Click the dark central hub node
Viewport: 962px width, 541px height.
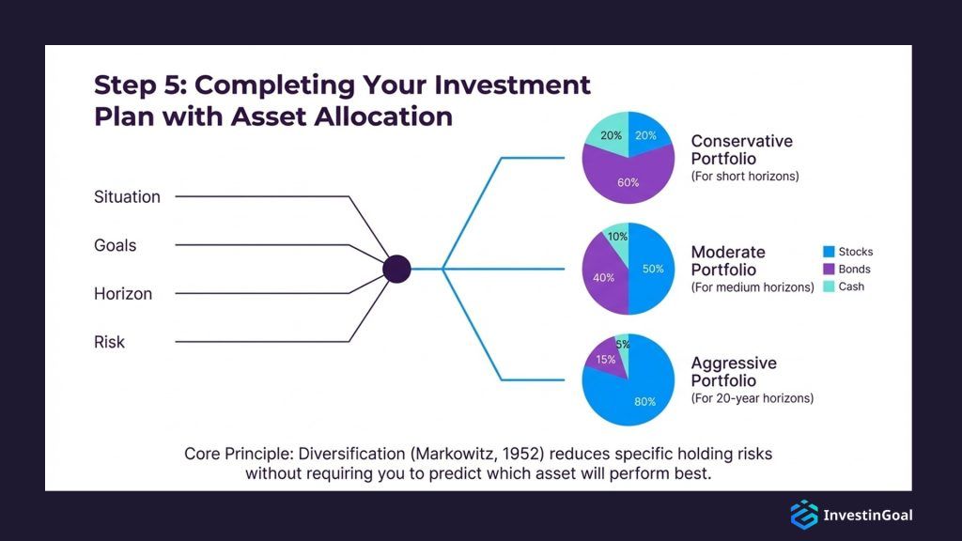click(x=397, y=270)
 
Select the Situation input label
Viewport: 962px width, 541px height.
click(x=127, y=197)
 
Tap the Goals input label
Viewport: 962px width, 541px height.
click(x=115, y=246)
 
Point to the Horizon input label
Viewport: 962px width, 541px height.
click(x=122, y=294)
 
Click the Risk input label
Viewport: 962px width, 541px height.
click(x=109, y=343)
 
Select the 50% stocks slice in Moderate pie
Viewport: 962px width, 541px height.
click(x=653, y=270)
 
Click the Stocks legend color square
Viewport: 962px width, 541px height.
click(x=829, y=252)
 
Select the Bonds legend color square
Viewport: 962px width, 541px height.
click(x=829, y=270)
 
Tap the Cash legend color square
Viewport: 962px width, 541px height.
click(x=829, y=286)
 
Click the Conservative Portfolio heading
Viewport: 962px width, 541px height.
click(x=741, y=150)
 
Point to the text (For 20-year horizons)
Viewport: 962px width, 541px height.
click(x=752, y=398)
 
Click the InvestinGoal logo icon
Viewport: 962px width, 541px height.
click(x=803, y=515)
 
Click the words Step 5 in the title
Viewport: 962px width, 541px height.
click(x=134, y=85)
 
